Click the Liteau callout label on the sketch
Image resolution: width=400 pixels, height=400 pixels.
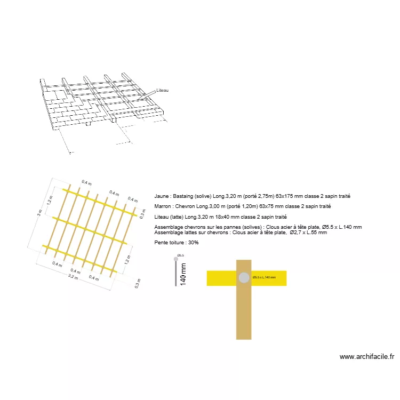(163, 91)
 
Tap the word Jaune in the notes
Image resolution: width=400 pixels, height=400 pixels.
(161, 196)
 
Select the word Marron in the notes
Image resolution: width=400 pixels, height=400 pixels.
(162, 206)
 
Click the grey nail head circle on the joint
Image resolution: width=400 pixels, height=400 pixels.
(244, 277)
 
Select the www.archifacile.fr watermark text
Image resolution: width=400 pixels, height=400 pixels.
(366, 357)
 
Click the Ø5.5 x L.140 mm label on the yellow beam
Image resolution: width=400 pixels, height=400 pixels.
(265, 277)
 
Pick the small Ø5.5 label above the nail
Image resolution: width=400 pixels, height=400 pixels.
(180, 255)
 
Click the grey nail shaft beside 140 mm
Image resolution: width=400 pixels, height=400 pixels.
(175, 273)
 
